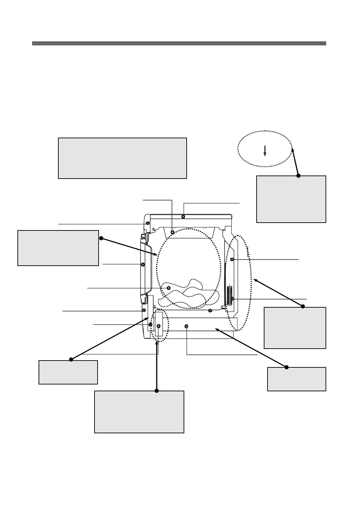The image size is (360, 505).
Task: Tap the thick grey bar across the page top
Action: pos(179,43)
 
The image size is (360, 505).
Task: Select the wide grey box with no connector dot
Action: pos(123,158)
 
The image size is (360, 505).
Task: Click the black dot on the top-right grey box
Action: pos(298,176)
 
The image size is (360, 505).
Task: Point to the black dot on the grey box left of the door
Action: pos(101,238)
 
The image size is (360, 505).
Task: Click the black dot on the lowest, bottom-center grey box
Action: pos(157,391)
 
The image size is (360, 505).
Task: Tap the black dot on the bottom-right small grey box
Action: pos(287,367)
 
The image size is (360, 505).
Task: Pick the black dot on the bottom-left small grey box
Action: pos(71,359)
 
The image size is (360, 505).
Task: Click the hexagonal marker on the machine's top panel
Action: pos(183,216)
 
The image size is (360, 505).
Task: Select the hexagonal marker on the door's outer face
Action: pos(143,265)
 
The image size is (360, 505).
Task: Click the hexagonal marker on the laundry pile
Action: pos(169,288)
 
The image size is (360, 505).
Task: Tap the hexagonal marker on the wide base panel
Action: pos(186,326)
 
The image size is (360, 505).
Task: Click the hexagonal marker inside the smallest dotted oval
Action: pos(158,326)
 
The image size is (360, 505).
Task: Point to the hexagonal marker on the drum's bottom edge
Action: pos(210,310)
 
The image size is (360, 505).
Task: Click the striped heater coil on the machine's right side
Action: pos(228,295)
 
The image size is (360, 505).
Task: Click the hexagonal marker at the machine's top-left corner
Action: pos(147,223)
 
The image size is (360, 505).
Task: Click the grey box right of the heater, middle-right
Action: pos(295,328)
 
